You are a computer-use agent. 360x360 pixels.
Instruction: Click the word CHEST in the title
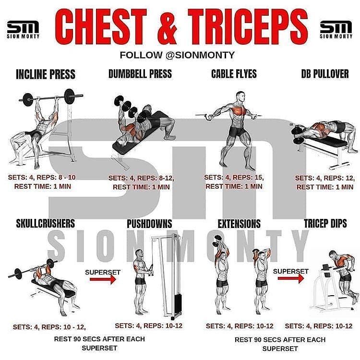click(x=101, y=27)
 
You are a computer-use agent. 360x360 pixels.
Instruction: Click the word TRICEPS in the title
click(x=248, y=27)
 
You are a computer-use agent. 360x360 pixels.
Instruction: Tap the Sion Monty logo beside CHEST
click(x=23, y=30)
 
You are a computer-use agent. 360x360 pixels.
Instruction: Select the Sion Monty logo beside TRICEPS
click(x=336, y=30)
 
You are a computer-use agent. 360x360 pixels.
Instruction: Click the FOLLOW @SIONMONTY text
click(x=177, y=55)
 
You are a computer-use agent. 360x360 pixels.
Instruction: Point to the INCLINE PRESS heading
click(x=46, y=74)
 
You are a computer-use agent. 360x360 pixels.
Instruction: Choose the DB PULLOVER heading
click(x=325, y=74)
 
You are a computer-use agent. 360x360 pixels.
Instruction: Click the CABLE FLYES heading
click(x=234, y=74)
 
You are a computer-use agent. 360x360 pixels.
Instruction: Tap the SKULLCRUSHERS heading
click(x=46, y=223)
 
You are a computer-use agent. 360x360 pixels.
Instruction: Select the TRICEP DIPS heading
click(x=325, y=223)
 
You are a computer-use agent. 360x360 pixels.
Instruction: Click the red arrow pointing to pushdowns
click(x=103, y=279)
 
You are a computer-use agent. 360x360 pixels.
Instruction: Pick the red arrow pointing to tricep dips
click(x=291, y=278)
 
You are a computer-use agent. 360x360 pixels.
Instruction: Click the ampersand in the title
click(x=168, y=27)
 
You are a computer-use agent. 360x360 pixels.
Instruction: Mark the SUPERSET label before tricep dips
click(x=291, y=271)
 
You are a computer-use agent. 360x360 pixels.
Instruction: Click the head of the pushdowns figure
click(x=139, y=254)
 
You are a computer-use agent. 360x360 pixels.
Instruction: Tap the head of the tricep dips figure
click(x=333, y=254)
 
